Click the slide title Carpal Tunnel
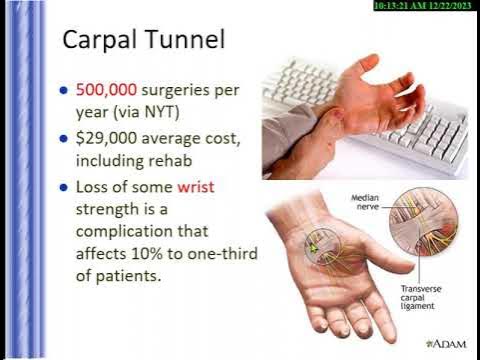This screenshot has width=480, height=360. (x=142, y=41)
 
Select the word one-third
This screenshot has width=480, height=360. (x=221, y=253)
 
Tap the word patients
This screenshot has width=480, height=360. (x=131, y=275)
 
